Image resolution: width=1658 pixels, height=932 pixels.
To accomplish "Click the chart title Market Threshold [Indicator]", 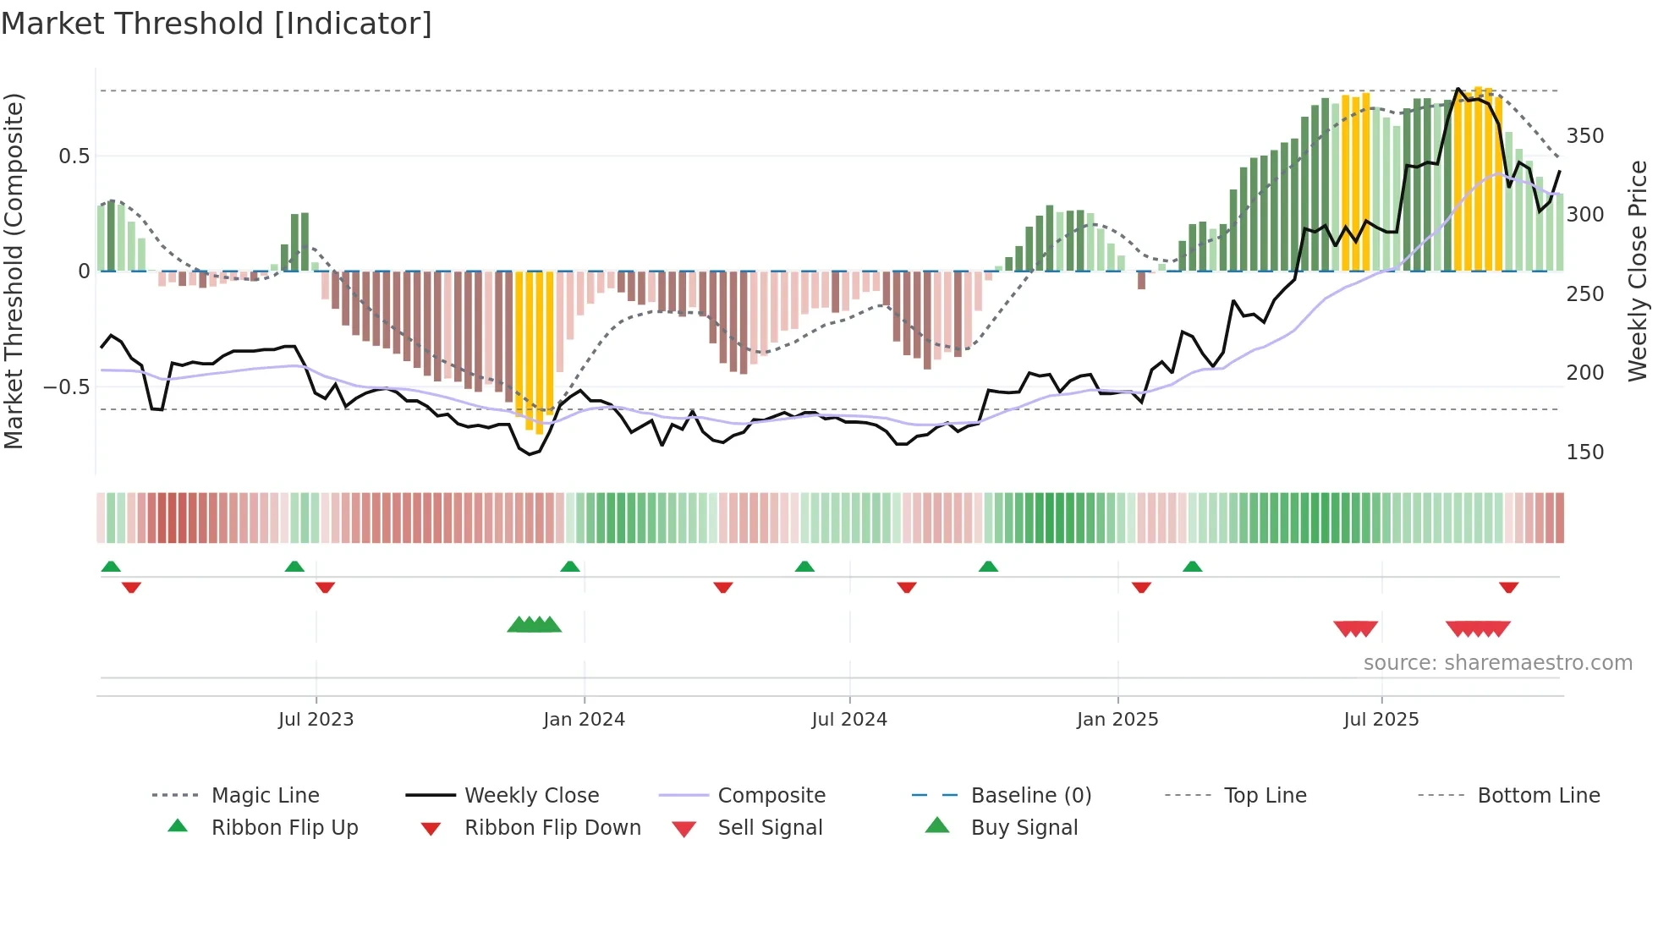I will (217, 24).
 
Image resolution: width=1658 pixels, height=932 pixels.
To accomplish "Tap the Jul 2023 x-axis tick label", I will (316, 720).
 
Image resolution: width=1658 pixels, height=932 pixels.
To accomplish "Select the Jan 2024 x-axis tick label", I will (584, 720).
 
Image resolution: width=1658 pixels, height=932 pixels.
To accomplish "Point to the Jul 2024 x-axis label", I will (849, 720).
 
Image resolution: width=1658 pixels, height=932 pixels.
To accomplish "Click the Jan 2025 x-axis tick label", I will (1117, 720).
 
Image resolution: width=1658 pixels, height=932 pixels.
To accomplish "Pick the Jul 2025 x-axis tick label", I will (1381, 720).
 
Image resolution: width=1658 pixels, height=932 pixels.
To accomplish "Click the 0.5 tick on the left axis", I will (74, 156).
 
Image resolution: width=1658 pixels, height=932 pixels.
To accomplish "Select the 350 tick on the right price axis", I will (1584, 136).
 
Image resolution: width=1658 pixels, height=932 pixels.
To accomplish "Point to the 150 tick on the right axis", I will (1584, 452).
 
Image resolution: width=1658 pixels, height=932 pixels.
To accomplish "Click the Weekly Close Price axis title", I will (1638, 271).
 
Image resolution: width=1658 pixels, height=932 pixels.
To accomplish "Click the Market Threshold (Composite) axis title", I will (14, 271).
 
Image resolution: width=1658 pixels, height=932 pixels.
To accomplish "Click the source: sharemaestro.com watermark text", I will (1497, 663).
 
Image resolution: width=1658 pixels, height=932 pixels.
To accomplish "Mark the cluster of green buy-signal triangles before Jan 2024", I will (535, 625).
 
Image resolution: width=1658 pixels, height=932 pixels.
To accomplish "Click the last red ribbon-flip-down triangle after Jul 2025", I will (1508, 587).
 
